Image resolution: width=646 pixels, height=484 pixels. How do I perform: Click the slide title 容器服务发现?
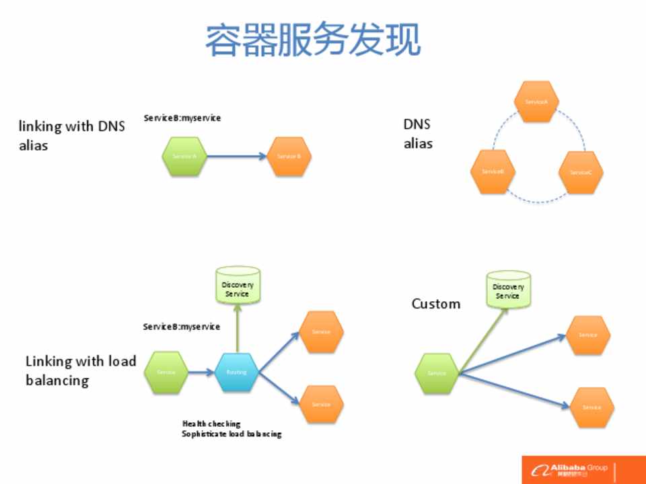coord(313,40)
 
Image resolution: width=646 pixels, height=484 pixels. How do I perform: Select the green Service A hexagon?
coord(184,157)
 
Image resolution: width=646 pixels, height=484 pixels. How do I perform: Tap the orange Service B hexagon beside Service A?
coord(289,157)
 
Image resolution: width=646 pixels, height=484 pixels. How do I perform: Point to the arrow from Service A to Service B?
coord(236,157)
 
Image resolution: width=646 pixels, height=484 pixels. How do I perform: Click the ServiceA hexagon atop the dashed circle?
coord(536,102)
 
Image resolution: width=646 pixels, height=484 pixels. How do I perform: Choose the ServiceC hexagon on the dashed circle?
coord(581,172)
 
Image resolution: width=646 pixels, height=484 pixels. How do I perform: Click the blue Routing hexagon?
coord(236,372)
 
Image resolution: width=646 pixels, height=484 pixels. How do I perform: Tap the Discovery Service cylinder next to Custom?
coord(507,290)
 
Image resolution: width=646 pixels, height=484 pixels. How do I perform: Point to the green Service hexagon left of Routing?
coord(166,372)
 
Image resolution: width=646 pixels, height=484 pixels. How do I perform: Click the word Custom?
coord(436,304)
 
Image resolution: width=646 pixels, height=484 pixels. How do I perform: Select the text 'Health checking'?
coord(211,424)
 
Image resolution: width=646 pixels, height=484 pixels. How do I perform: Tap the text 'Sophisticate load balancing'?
coord(231,434)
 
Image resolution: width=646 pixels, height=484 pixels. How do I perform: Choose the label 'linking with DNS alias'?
coord(71,135)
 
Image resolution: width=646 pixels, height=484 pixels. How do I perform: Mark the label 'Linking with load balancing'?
coord(80,370)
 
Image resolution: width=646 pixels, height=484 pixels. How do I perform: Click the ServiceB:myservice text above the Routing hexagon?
coord(181,327)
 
